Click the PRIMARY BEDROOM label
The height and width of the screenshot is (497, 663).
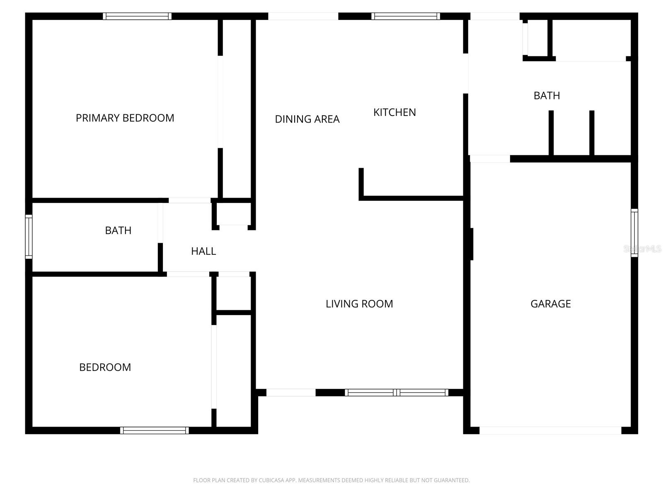125,118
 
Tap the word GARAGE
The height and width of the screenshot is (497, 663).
550,304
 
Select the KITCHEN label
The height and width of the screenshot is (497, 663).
394,112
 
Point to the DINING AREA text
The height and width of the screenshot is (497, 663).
307,119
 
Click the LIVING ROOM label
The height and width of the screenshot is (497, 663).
359,304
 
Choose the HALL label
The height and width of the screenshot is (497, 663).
203,251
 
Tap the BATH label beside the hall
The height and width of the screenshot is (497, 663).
118,230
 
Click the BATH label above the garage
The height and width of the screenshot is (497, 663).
547,96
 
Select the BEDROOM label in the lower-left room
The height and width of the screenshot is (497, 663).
105,367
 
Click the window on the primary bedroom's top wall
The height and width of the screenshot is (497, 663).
137,16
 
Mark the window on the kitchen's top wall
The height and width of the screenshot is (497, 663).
406,16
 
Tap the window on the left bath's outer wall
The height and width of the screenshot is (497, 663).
29,236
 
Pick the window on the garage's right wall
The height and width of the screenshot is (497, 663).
634,233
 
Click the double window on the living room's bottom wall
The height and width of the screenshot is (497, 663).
397,393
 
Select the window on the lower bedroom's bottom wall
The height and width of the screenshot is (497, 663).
155,430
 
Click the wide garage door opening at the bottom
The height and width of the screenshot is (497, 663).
550,430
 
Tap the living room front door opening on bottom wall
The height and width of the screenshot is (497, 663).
291,393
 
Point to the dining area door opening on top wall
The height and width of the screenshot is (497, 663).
303,16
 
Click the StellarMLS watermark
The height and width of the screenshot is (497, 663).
642,249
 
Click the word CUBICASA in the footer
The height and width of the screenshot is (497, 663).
271,480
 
